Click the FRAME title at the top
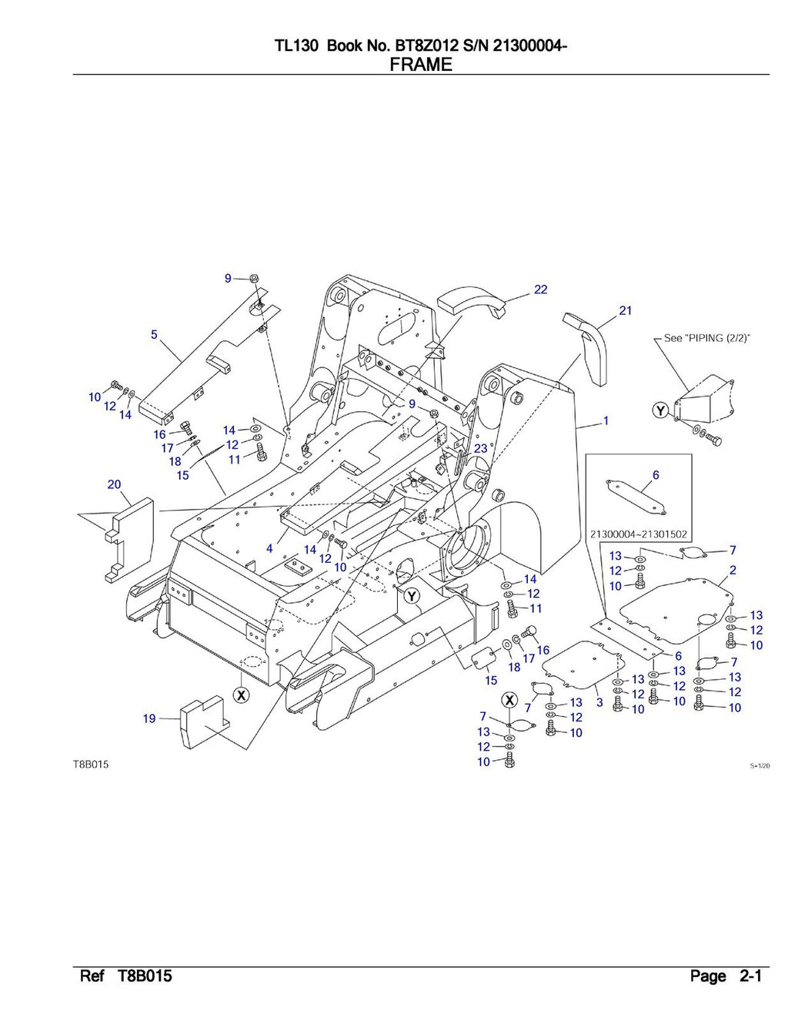[x=421, y=65]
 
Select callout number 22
[x=540, y=290]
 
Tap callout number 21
[x=625, y=310]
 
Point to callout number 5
[x=154, y=334]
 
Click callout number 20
[x=114, y=484]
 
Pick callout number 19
[x=149, y=718]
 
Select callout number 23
[x=480, y=448]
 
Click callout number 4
[x=269, y=549]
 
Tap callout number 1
[x=606, y=421]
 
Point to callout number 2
[x=733, y=570]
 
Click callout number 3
[x=599, y=702]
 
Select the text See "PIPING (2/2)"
[x=707, y=338]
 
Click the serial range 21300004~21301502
[x=638, y=534]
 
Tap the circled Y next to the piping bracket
[x=659, y=411]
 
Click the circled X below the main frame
[x=241, y=695]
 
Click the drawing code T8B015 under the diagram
[x=91, y=765]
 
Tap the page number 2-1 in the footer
[x=750, y=977]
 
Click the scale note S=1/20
[x=760, y=766]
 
